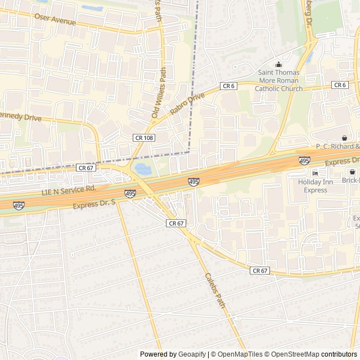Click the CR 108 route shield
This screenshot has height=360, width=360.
coord(143,137)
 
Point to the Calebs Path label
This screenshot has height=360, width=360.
coord(215,290)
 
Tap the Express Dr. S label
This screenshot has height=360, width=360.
coord(96,202)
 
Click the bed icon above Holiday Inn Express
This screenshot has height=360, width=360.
coord(315,173)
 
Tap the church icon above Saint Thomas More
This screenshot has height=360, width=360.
coord(278,64)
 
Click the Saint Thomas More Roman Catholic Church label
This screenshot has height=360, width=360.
coord(278,80)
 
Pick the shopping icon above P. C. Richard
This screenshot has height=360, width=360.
coord(344,138)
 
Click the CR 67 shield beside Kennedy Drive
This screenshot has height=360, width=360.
coord(85,168)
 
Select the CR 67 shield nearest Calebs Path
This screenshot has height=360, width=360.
coord(176,223)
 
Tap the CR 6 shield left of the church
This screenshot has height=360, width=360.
coord(228,85)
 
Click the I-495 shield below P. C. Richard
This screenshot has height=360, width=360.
coord(304,160)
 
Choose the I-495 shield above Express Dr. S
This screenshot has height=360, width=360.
coord(130,193)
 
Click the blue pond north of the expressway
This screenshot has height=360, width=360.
coord(142,168)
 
